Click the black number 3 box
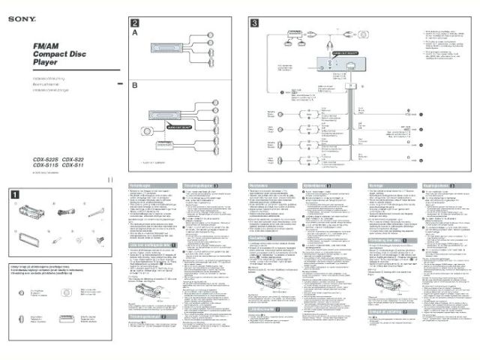pos(255,22)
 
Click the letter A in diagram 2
pos(135,34)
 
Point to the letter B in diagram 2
pos(135,85)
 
